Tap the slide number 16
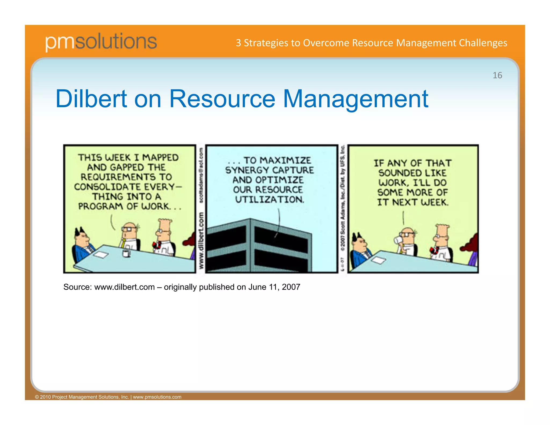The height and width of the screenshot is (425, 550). point(497,75)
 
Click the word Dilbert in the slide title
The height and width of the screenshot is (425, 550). point(91,99)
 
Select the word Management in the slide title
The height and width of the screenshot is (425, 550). point(356,99)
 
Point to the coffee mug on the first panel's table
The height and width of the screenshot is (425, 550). point(126,253)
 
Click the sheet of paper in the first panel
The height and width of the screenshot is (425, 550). point(101,254)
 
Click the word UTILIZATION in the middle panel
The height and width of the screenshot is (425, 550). point(269,200)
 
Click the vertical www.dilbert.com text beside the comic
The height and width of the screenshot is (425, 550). point(201,240)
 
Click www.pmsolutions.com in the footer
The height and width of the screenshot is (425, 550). point(157,397)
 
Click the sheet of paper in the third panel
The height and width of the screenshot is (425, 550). point(379,260)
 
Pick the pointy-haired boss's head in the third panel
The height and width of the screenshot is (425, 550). point(360,243)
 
